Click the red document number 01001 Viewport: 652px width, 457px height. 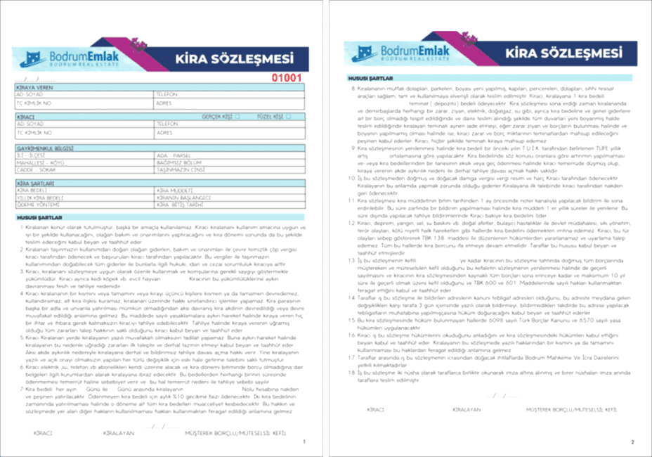coord(287,78)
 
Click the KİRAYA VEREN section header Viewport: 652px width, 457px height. coord(35,87)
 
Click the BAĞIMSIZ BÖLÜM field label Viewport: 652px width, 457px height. coord(176,161)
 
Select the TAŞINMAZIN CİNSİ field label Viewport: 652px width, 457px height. coord(176,167)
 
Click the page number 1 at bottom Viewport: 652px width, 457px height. coord(303,442)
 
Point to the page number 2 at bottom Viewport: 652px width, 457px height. coord(632,442)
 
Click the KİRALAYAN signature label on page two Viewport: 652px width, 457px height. coord(467,408)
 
